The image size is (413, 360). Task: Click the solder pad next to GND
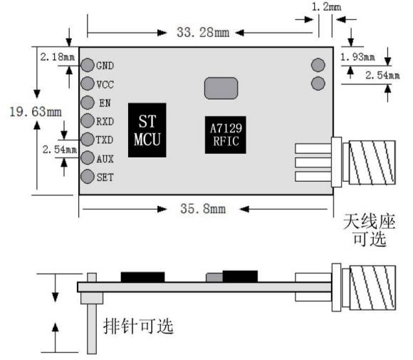click(x=87, y=65)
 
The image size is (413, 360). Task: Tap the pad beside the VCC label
click(x=87, y=83)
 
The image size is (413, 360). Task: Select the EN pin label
click(x=105, y=103)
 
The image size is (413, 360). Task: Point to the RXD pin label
click(x=105, y=122)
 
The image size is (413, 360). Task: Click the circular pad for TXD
click(x=87, y=139)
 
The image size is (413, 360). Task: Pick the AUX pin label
click(x=105, y=159)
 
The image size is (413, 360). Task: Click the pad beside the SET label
click(x=87, y=176)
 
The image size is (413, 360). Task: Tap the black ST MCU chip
click(x=147, y=130)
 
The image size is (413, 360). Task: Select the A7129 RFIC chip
click(x=226, y=135)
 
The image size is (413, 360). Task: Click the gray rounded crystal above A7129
click(x=221, y=88)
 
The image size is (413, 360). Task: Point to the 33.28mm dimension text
click(x=203, y=33)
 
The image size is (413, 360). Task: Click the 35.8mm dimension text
click(x=203, y=209)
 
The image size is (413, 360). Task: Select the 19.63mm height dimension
click(x=36, y=111)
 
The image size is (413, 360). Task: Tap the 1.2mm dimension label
click(x=326, y=7)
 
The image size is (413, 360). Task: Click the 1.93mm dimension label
click(x=357, y=57)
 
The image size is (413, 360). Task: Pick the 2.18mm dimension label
click(x=58, y=57)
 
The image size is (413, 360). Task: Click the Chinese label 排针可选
click(x=138, y=326)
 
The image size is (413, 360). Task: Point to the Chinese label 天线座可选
click(x=370, y=230)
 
